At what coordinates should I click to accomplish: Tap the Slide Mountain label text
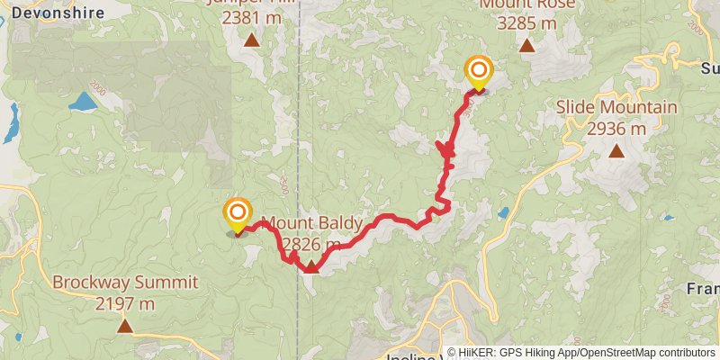[616, 108]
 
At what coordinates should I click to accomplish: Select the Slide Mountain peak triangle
[616, 150]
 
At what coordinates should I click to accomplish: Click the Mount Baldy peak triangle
[310, 265]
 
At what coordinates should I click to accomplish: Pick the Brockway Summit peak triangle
[124, 326]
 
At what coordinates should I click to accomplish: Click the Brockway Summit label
[124, 283]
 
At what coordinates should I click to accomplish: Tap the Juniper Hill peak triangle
[252, 40]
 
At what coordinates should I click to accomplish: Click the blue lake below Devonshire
[83, 101]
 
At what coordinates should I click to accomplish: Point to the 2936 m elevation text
[616, 129]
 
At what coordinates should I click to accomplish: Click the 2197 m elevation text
[124, 303]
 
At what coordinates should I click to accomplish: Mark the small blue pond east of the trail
[502, 213]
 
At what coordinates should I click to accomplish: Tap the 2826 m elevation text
[311, 245]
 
